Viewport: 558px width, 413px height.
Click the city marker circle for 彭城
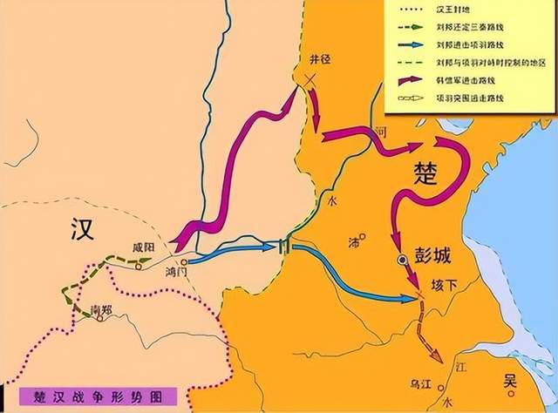[401, 260]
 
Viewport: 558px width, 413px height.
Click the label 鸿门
[178, 272]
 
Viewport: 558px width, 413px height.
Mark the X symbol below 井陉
[310, 80]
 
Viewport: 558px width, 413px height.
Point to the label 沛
[353, 240]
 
